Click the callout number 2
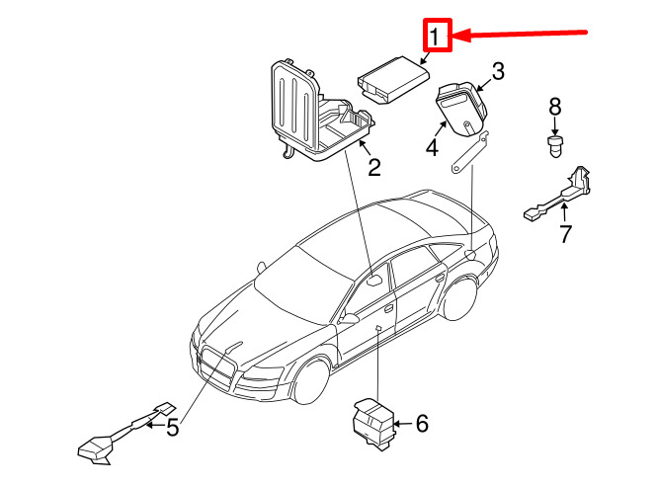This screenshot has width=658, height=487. (x=373, y=168)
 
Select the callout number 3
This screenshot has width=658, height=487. (x=498, y=71)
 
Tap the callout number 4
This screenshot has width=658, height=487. (x=431, y=148)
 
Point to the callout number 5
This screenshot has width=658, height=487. (x=171, y=428)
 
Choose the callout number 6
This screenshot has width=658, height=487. (x=421, y=425)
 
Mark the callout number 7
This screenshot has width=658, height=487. (x=565, y=234)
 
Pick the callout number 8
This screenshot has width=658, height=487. (x=554, y=106)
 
